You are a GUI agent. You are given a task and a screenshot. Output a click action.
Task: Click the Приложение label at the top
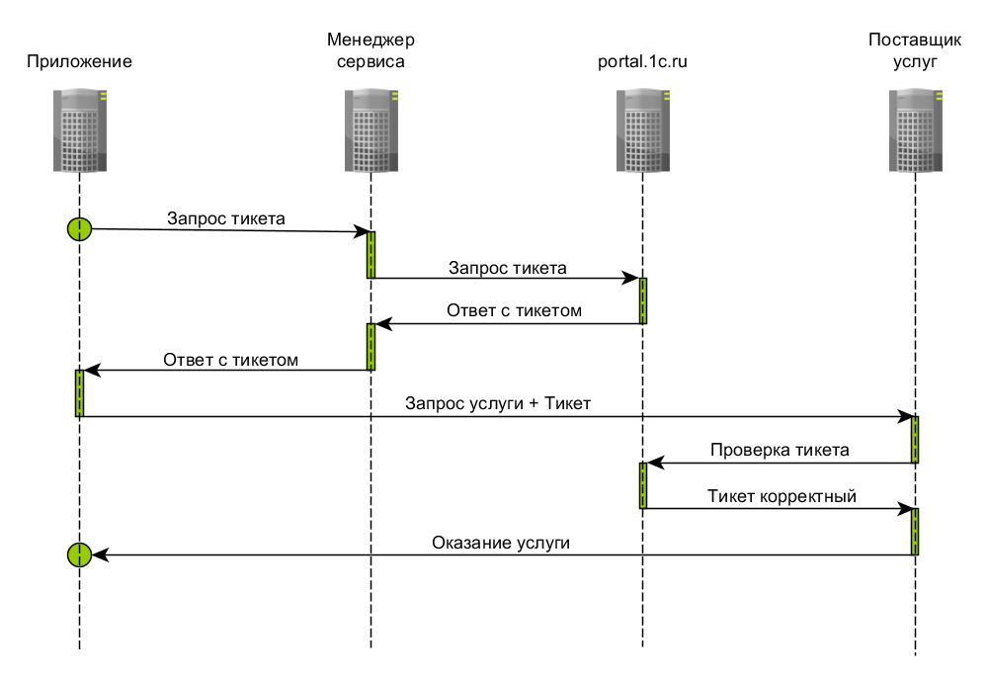(x=79, y=61)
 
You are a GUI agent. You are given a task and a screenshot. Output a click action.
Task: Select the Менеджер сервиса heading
(x=370, y=50)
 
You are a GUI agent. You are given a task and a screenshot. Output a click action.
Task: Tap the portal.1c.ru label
(x=642, y=61)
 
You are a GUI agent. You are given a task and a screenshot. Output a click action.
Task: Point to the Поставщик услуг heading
(x=915, y=50)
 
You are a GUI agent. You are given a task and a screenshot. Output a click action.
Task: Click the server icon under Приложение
(x=79, y=131)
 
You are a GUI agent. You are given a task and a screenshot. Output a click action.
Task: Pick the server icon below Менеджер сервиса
(x=370, y=131)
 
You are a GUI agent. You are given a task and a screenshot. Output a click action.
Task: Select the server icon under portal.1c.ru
(x=642, y=131)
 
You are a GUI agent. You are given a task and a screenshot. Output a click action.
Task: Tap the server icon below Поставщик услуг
(x=915, y=131)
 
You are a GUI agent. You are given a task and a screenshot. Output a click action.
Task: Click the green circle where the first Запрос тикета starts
(x=79, y=228)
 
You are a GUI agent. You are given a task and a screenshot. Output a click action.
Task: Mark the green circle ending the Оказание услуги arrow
(x=79, y=554)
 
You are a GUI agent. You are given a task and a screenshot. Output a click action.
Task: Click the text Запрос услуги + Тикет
(x=497, y=403)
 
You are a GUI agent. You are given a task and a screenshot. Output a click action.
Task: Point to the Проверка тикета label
(x=780, y=450)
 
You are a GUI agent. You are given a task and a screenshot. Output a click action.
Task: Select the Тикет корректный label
(x=782, y=495)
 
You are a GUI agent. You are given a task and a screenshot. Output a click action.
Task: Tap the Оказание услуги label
(x=501, y=542)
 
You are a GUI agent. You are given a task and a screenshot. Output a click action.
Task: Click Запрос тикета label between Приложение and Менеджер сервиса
(x=226, y=218)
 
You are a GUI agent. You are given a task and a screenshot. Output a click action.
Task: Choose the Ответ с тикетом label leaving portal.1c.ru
(x=514, y=310)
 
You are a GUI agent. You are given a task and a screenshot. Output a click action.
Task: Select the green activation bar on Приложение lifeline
(x=79, y=393)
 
